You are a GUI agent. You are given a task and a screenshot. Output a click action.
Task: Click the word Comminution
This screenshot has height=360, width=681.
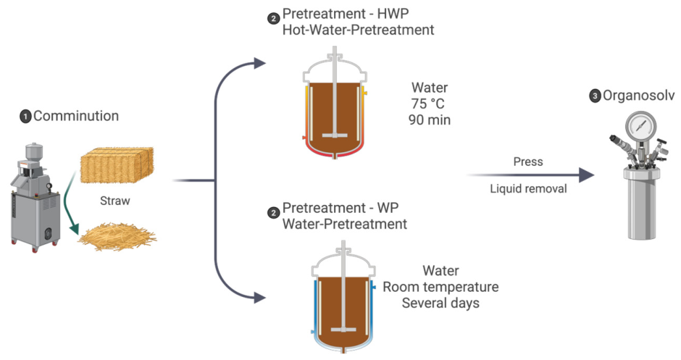point(76,116)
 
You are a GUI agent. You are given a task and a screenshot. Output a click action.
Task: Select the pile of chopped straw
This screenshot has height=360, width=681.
point(117,236)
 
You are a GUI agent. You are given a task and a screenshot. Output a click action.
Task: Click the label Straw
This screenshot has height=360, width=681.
point(115,201)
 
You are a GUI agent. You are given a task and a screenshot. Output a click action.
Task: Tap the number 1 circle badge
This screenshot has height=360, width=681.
point(25,117)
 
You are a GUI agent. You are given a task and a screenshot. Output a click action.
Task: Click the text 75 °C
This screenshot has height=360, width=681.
point(427,104)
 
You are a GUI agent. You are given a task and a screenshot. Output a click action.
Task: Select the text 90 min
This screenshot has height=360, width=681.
point(429,120)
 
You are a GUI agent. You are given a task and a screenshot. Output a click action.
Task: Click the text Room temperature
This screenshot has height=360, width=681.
point(440,287)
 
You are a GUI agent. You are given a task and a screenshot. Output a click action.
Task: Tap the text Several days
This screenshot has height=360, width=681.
point(440,303)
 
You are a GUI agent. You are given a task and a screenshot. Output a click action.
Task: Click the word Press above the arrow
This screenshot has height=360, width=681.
point(528,162)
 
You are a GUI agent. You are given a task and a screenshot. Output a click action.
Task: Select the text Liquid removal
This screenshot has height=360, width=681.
point(528,188)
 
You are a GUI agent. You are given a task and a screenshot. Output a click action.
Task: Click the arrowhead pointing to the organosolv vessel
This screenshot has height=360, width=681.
point(588,175)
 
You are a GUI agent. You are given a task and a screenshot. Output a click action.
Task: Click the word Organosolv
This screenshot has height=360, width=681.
point(638,96)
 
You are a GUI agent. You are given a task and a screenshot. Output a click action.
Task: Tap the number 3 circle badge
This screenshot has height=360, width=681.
point(595,96)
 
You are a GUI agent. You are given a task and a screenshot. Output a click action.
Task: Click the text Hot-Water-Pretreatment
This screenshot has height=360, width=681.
point(359,30)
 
